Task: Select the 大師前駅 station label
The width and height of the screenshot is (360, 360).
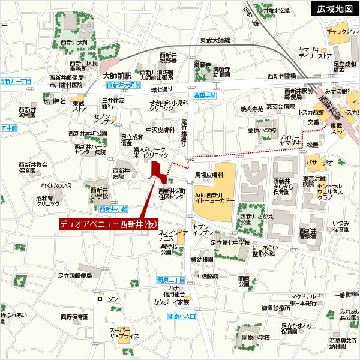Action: click(116, 76)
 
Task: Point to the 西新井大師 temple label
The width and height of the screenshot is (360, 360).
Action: click(74, 42)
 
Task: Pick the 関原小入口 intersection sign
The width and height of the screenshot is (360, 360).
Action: click(182, 316)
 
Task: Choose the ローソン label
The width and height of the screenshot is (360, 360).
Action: click(108, 299)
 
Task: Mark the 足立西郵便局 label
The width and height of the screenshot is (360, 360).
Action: click(76, 275)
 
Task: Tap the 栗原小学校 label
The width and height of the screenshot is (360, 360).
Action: click(262, 130)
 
